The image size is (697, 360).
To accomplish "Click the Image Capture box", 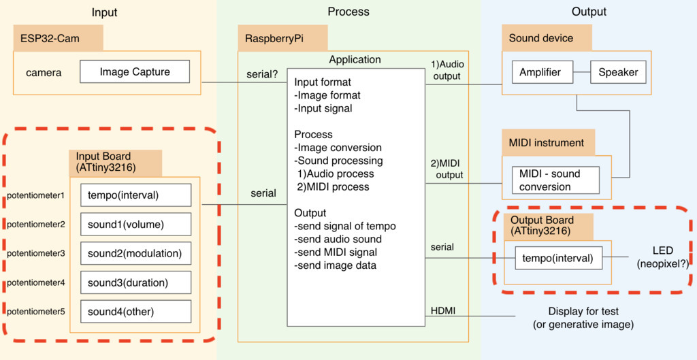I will click(135, 72).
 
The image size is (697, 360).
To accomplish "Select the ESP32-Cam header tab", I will click(58, 38).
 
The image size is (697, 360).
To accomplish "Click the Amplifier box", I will click(540, 72).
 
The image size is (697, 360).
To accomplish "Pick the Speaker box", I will click(618, 72).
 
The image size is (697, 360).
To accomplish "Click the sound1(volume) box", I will click(135, 224).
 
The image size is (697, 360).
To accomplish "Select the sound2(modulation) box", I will click(135, 253).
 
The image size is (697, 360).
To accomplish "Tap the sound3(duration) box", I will click(135, 282).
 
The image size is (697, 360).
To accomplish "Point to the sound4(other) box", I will click(135, 312).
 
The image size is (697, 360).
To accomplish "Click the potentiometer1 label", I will click(35, 195).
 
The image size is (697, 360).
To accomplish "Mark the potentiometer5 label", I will click(35, 312).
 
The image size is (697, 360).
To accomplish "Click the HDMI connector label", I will click(443, 311).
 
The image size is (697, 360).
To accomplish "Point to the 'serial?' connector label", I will click(262, 73).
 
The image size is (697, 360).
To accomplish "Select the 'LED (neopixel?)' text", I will click(662, 257).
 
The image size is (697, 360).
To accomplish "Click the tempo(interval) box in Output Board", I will click(558, 258).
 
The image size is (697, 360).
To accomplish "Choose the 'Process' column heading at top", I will click(348, 12).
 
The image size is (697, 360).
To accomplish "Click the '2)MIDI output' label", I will click(447, 169).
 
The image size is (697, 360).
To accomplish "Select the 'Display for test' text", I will click(583, 312).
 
